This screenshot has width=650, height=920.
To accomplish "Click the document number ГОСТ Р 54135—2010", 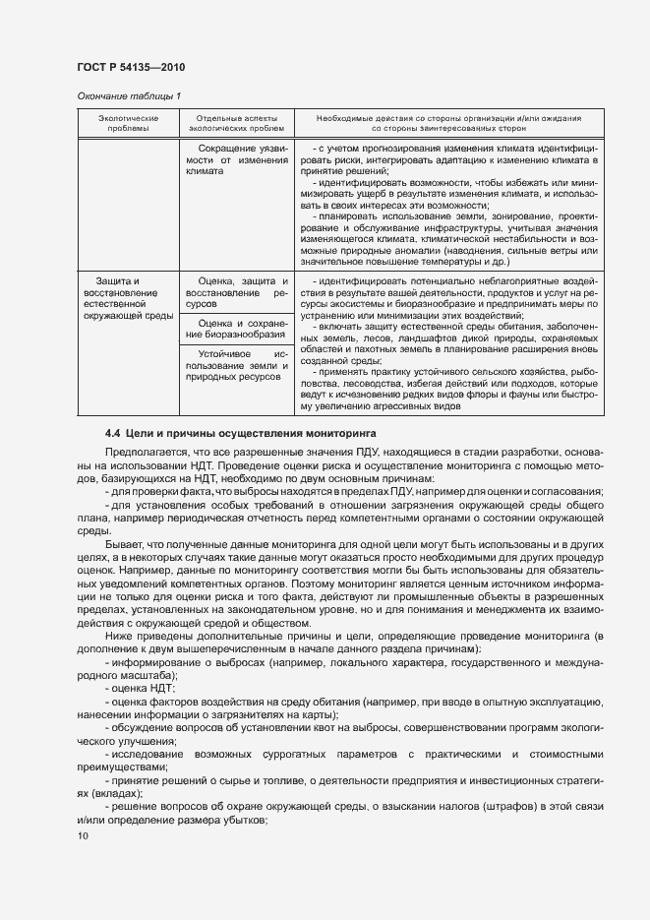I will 130,67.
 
